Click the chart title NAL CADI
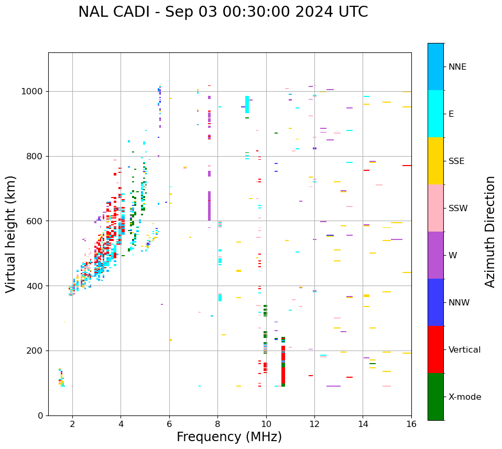tap(223, 12)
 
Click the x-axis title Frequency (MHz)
tap(229, 437)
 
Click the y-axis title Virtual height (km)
tap(11, 234)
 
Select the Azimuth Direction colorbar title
tap(490, 232)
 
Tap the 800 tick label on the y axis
tap(35, 156)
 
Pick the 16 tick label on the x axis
tap(411, 424)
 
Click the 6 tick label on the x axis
tap(169, 424)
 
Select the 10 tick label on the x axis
tap(266, 424)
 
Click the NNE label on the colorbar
tap(457, 67)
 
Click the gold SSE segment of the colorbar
tap(435, 161)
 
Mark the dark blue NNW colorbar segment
tap(435, 302)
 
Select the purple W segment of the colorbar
tap(435, 255)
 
